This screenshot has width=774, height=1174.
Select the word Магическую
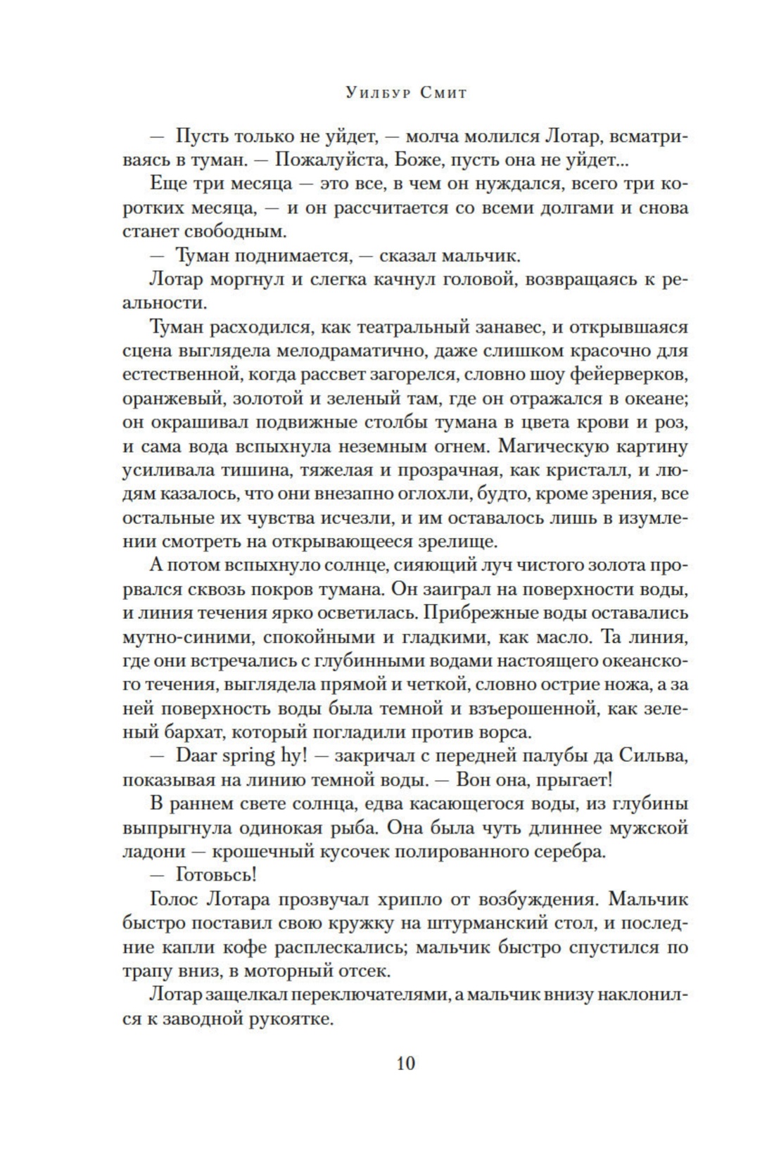pos(566,446)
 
